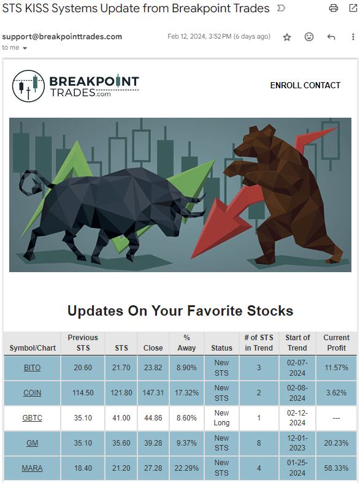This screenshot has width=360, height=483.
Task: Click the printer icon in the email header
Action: tap(334, 8)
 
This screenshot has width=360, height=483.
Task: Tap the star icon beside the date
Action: tap(287, 37)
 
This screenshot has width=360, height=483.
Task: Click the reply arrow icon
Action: tap(331, 37)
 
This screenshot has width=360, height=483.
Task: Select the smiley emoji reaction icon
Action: tap(309, 37)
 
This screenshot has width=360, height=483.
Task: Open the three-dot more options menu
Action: tap(353, 37)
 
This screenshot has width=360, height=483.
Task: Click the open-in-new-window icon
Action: tap(353, 8)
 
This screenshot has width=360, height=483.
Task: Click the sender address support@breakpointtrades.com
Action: tap(62, 37)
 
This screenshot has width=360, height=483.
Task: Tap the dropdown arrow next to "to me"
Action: tap(25, 48)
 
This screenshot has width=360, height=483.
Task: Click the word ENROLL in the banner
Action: tap(284, 85)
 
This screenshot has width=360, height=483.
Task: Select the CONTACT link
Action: tap(320, 85)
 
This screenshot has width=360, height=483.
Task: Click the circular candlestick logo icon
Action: tap(28, 86)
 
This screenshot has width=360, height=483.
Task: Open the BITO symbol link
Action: tap(33, 368)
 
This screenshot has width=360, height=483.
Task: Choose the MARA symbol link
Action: tap(32, 468)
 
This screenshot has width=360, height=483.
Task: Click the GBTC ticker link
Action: tap(32, 418)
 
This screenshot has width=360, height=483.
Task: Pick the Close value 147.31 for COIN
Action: tap(153, 393)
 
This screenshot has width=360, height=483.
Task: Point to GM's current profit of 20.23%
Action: tap(336, 443)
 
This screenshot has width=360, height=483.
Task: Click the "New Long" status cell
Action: tap(221, 417)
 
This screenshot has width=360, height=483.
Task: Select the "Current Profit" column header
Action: tap(336, 343)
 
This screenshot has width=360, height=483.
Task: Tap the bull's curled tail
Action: tap(31, 183)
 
